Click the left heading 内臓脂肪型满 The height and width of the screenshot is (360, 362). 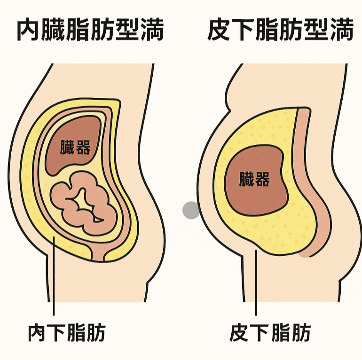pyautogui.click(x=90, y=31)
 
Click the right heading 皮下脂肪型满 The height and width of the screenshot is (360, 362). pyautogui.click(x=280, y=31)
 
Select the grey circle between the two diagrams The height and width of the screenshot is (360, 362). pyautogui.click(x=191, y=210)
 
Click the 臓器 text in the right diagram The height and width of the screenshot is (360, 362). pyautogui.click(x=254, y=179)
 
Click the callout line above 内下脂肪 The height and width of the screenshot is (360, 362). pyautogui.click(x=54, y=282)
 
